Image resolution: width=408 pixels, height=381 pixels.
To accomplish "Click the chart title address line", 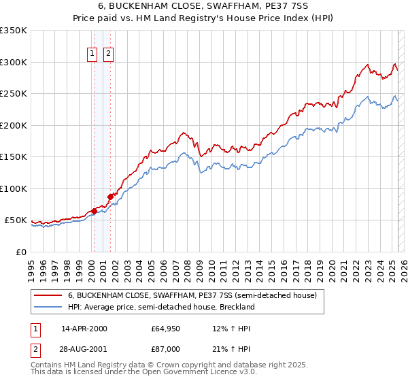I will tap(204, 6).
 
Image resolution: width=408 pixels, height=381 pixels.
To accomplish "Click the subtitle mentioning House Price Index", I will tap(204, 18).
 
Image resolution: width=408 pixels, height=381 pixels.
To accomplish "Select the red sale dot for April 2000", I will tap(94, 211).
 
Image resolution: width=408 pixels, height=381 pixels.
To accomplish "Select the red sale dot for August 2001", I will tap(110, 197).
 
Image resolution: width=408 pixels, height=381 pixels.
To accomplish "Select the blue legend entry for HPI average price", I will tap(160, 307).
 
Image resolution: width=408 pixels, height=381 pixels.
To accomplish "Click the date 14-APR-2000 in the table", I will tap(84, 329).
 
